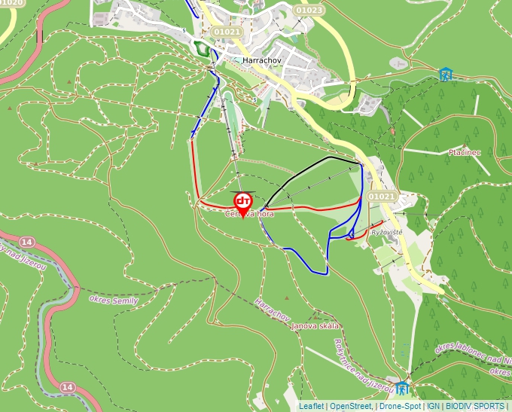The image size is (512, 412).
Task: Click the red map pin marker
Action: [243, 203]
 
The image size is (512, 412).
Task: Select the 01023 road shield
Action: [309, 11]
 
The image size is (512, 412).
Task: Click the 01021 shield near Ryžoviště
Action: [382, 197]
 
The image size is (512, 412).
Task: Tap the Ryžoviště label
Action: [388, 233]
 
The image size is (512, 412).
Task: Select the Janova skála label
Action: [315, 326]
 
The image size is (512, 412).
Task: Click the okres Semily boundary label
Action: [114, 299]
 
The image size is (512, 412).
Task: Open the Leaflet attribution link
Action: [311, 406]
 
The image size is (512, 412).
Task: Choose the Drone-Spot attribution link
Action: [400, 406]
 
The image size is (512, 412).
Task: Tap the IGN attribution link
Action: [433, 406]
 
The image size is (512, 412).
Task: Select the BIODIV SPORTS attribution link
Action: [474, 406]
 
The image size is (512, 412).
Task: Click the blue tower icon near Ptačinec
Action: [447, 75]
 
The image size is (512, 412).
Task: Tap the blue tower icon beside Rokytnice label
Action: [402, 389]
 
